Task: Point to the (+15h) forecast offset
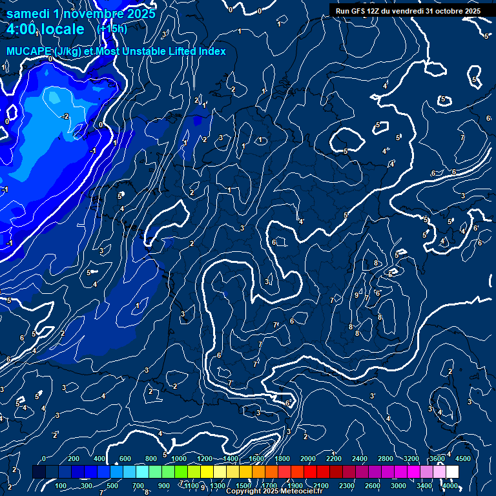[x=112, y=28]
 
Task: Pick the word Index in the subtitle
[x=212, y=51]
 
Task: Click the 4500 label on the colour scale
[x=462, y=459]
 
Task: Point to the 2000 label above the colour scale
[x=308, y=459]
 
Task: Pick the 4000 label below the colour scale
[x=449, y=486]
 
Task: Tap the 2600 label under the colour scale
[x=373, y=486]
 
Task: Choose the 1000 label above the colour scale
[x=179, y=459]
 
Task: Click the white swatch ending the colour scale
[x=452, y=472]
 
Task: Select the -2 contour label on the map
[x=65, y=116]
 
